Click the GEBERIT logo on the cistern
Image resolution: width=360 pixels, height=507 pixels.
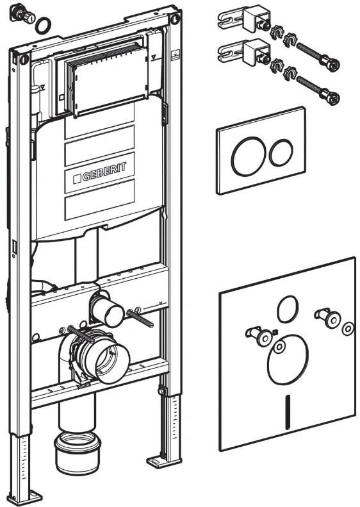tap(99, 172)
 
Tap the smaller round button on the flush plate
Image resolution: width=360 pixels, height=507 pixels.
tap(281, 153)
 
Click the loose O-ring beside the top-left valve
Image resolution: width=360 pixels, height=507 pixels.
tap(44, 26)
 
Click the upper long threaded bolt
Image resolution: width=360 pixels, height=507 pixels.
tap(318, 57)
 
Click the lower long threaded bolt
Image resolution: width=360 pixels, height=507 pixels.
tap(318, 90)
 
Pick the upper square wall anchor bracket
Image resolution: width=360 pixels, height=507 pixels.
tap(245, 18)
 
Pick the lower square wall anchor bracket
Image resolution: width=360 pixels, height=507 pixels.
tap(245, 52)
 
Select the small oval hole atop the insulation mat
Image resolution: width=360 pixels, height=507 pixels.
tap(288, 309)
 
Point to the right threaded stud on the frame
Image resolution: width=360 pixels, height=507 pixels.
tap(140, 319)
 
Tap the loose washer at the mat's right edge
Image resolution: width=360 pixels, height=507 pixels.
tap(348, 329)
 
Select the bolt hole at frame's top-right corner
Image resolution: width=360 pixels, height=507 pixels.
tap(176, 19)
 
